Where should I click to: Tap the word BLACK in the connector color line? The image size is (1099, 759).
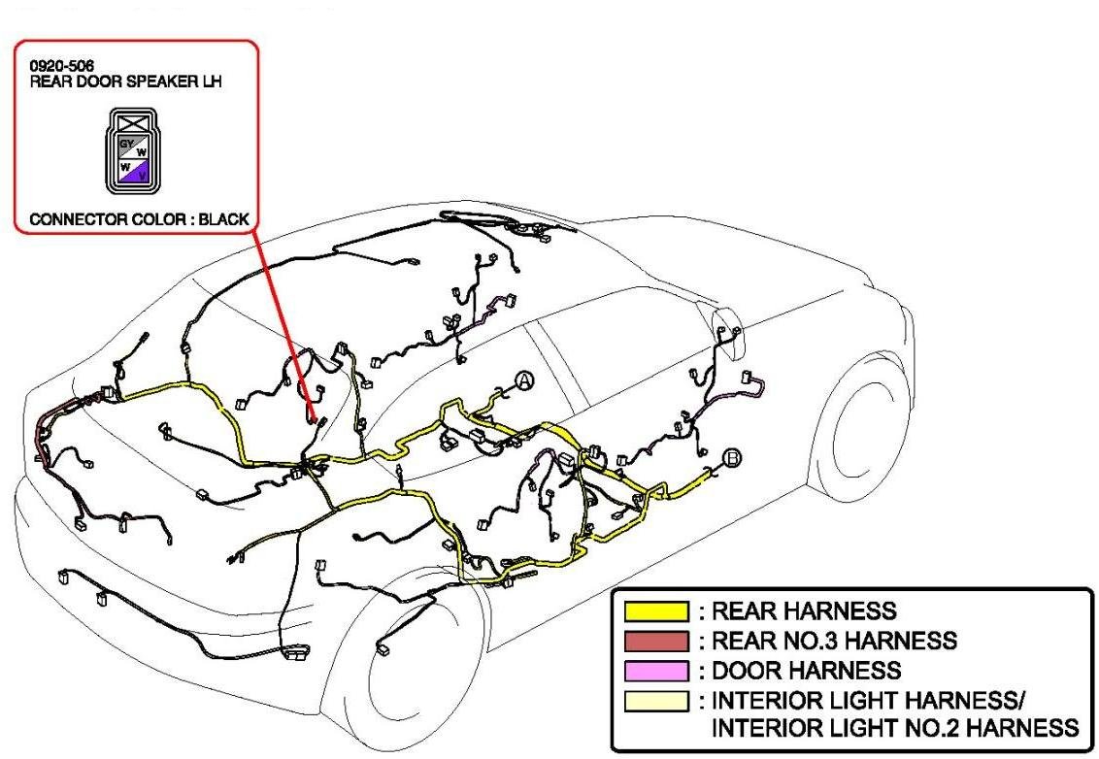click(x=224, y=219)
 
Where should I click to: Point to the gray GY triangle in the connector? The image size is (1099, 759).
click(x=123, y=144)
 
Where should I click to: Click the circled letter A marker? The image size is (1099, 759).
click(x=524, y=381)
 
